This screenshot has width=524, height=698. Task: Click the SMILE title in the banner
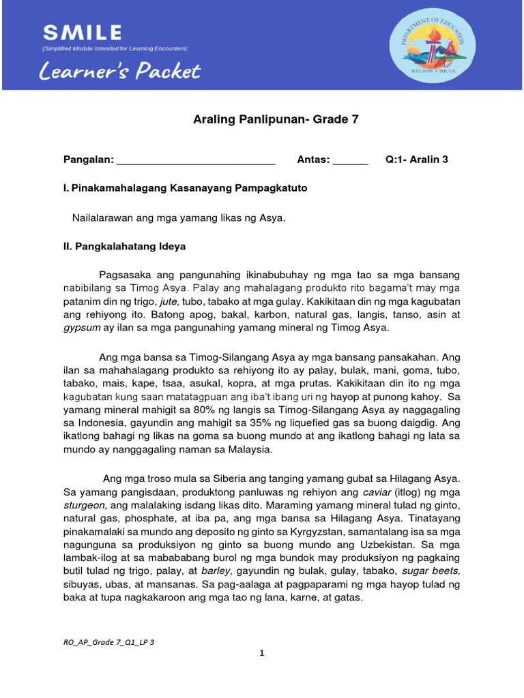pyautogui.click(x=82, y=32)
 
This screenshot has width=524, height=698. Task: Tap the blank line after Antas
pyautogui.click(x=350, y=160)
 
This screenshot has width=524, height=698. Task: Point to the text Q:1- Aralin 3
pyautogui.click(x=416, y=160)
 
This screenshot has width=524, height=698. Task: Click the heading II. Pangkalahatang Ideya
pyautogui.click(x=124, y=246)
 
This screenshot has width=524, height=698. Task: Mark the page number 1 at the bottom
pyautogui.click(x=261, y=655)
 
